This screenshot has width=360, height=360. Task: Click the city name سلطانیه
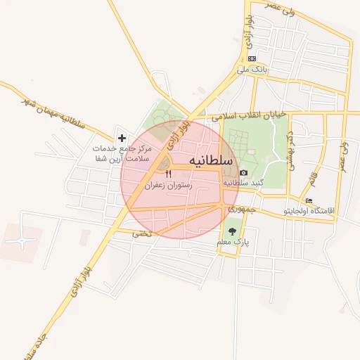210,161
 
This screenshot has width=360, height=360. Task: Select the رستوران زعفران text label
168,186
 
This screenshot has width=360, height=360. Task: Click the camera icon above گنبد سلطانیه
243,172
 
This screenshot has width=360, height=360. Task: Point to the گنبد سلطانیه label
243,183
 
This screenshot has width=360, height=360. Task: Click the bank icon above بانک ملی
252,58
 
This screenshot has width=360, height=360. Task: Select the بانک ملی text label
252,70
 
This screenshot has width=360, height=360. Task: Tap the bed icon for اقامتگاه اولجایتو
309,200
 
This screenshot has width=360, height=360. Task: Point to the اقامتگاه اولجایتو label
309,211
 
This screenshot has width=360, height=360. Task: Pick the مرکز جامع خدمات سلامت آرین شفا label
122,153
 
